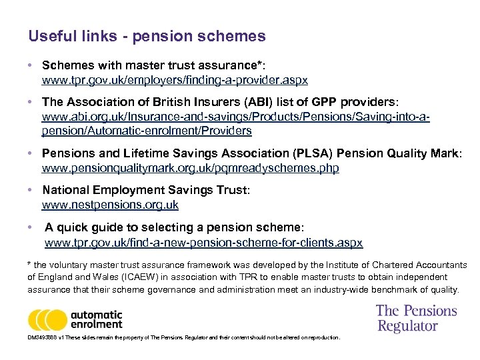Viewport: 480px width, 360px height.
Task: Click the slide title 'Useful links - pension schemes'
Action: pos(147,36)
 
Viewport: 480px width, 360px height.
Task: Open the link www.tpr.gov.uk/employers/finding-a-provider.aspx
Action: pos(175,81)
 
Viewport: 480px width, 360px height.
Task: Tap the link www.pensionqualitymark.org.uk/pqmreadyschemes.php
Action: pos(190,169)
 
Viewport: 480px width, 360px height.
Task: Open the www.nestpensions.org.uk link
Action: pos(110,205)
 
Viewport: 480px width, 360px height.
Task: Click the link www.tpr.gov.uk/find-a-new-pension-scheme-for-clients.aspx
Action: pos(203,243)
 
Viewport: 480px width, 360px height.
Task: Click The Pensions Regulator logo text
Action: pos(416,318)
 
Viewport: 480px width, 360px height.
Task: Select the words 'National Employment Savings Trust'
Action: pos(144,191)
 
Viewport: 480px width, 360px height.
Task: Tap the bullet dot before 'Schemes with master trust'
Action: pos(31,66)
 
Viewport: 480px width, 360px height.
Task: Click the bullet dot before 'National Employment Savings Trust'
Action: pos(31,191)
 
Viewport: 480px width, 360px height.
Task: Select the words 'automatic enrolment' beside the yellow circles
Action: pos(97,319)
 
